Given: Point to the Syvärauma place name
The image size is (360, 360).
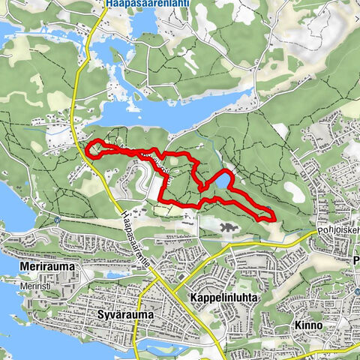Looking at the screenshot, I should pyautogui.click(x=126, y=315).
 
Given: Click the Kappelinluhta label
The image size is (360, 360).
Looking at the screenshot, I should pyautogui.click(x=224, y=298).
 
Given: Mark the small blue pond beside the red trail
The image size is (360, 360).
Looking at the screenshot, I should pyautogui.click(x=222, y=180).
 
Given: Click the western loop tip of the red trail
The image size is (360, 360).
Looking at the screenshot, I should pyautogui.click(x=89, y=148).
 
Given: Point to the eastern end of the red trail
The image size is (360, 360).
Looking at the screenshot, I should pyautogui.click(x=273, y=217).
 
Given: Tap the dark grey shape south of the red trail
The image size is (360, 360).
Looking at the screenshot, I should pyautogui.click(x=229, y=226).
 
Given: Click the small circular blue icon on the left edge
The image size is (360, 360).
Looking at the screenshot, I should pyautogui.click(x=58, y=220).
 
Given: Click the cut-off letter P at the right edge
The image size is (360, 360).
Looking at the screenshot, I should pyautogui.click(x=355, y=262).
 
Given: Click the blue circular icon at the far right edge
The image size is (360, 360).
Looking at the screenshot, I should pyautogui.click(x=358, y=292).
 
